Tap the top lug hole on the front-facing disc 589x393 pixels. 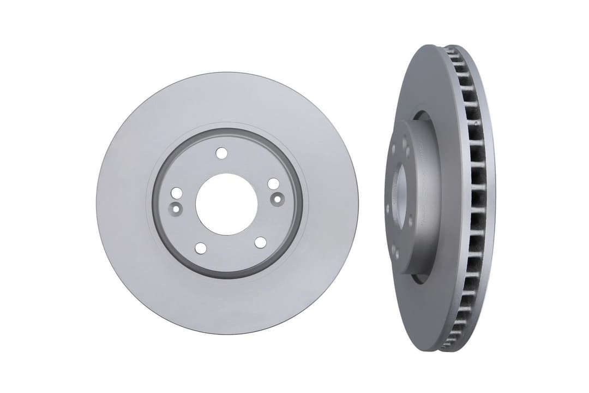point(221,153)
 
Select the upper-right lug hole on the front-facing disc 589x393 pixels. point(273,184)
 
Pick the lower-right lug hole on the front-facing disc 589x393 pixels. point(260,242)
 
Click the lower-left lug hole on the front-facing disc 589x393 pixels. point(201,248)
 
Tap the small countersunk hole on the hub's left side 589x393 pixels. point(176,207)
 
